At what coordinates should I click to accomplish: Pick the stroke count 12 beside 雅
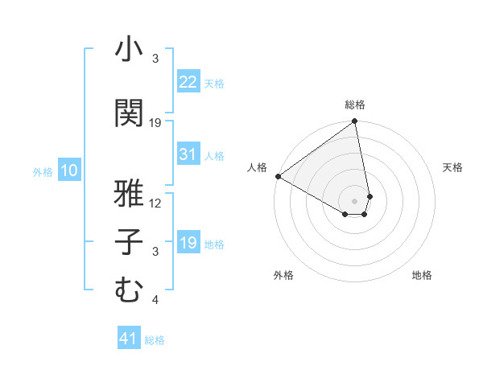(155, 203)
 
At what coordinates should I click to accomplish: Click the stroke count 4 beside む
(155, 301)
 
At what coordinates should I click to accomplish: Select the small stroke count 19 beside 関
(155, 123)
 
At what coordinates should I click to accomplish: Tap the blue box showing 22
(188, 82)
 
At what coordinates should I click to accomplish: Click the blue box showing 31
(188, 154)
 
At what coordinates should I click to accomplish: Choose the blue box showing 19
(188, 243)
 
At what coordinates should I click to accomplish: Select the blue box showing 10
(69, 171)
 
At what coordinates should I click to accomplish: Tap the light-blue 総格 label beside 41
(155, 340)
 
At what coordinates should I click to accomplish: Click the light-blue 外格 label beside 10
(43, 171)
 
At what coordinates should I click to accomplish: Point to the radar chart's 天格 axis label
(453, 167)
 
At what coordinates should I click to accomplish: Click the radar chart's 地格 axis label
(422, 275)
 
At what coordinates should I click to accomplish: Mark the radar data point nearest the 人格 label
(277, 175)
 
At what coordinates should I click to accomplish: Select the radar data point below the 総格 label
(354, 122)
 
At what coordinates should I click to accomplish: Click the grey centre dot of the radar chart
(354, 200)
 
